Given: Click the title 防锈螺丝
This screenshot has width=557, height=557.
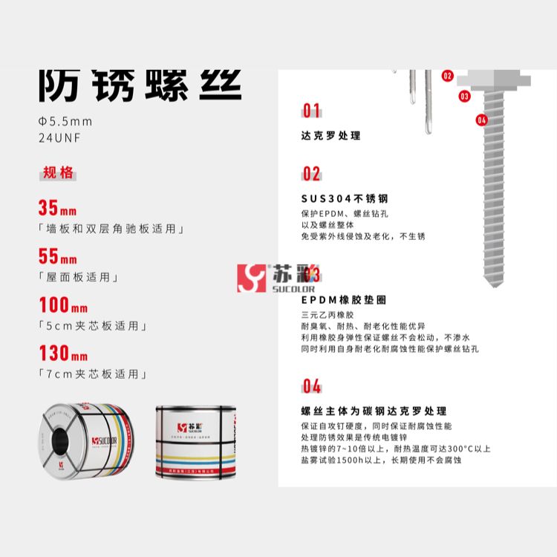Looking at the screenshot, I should pyautogui.click(x=140, y=85).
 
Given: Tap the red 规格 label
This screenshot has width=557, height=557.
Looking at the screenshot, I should pyautogui.click(x=58, y=173).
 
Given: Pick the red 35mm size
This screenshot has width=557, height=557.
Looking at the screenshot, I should pyautogui.click(x=58, y=209).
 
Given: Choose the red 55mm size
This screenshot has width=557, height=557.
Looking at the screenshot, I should pyautogui.click(x=58, y=257).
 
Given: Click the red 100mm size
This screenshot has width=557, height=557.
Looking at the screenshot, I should pyautogui.click(x=63, y=305).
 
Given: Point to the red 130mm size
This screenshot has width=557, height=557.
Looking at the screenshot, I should pyautogui.click(x=63, y=354).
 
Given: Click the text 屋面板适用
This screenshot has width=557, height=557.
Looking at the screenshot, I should pyautogui.click(x=79, y=278).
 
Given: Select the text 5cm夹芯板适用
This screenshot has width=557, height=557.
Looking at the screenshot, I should pyautogui.click(x=93, y=326).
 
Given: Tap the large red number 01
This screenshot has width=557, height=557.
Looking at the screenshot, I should pyautogui.click(x=311, y=111).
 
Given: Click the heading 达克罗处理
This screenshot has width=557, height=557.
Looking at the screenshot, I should pyautogui.click(x=330, y=136).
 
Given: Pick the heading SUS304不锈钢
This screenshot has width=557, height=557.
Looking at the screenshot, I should pyautogui.click(x=344, y=199).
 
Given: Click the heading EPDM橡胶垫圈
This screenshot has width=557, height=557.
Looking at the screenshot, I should pyautogui.click(x=343, y=300).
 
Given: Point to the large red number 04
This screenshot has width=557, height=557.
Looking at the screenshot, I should pyautogui.click(x=312, y=386).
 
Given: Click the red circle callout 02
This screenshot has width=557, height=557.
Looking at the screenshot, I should pyautogui.click(x=447, y=75).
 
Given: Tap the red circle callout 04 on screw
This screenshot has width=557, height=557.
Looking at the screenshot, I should pyautogui.click(x=481, y=120).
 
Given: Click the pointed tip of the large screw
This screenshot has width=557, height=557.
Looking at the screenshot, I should pyautogui.click(x=492, y=284).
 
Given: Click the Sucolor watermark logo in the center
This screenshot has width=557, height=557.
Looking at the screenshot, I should pyautogui.click(x=276, y=277).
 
